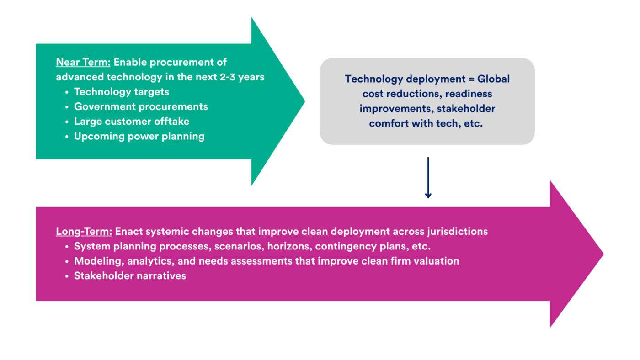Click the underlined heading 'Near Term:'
83,62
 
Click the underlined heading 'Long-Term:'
84,231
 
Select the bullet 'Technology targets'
122,92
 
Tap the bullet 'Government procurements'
141,106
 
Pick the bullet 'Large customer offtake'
132,121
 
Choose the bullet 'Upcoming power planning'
139,136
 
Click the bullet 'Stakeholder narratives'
130,275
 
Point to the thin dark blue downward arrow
428,178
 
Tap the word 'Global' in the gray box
493,79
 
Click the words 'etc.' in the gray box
473,123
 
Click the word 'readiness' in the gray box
469,94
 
